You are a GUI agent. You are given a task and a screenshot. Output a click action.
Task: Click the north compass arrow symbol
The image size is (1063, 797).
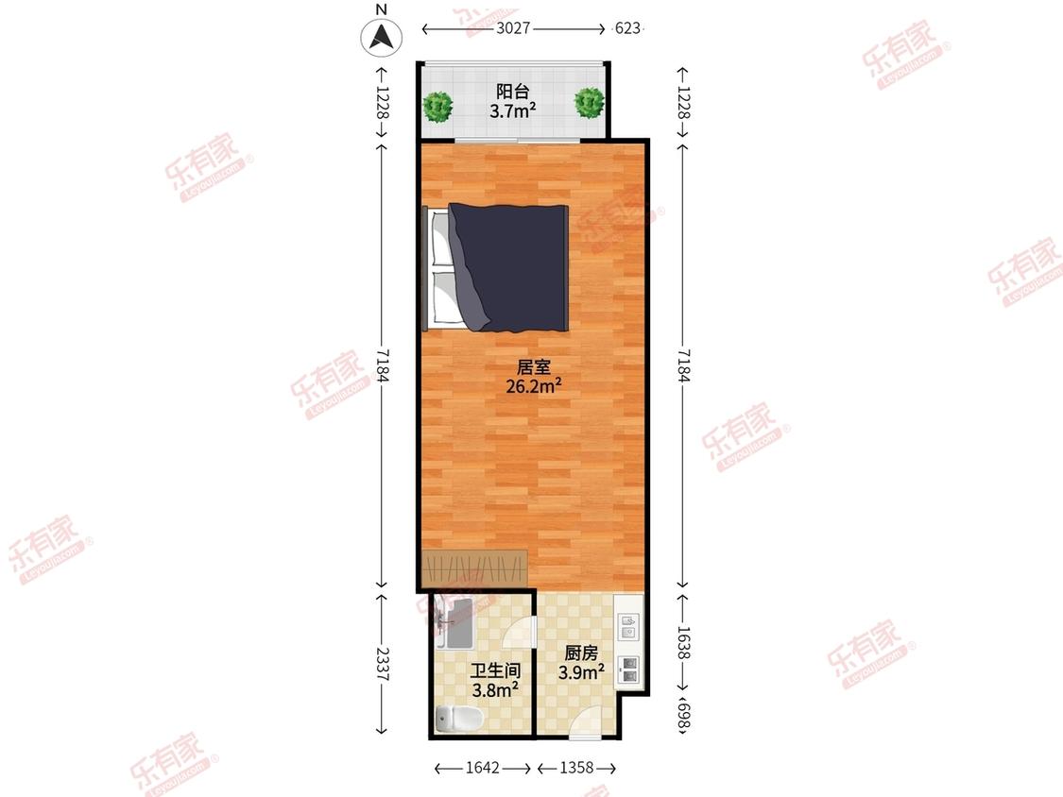[x=381, y=36]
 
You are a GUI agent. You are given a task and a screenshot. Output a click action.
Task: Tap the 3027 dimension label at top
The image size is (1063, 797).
[x=512, y=28]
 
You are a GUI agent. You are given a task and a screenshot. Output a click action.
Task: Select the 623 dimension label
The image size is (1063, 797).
[x=627, y=28]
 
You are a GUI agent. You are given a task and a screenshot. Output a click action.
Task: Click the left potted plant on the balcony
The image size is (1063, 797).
[x=437, y=107]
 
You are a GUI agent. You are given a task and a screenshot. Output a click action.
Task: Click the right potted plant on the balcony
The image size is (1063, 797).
[x=589, y=102]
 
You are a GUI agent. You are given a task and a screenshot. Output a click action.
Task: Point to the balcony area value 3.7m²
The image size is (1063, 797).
[x=513, y=110]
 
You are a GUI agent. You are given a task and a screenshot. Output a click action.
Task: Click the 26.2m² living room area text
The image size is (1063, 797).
[x=534, y=386]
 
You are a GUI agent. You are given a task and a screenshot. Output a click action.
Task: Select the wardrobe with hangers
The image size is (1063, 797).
[x=474, y=569]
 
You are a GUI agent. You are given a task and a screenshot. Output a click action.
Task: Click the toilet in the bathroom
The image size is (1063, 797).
[x=458, y=718]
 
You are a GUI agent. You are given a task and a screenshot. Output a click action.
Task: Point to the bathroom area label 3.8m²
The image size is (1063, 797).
[x=495, y=690]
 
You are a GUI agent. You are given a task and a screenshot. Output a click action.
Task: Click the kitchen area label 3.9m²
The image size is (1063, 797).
[x=582, y=672]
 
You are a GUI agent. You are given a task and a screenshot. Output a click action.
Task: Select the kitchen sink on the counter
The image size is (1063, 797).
[x=628, y=627]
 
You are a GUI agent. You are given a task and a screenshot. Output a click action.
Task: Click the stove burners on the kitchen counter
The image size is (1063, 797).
[x=629, y=670]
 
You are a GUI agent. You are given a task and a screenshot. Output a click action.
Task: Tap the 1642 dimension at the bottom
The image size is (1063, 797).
[x=483, y=768]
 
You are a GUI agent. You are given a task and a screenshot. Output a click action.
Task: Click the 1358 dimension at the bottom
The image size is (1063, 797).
[x=576, y=768]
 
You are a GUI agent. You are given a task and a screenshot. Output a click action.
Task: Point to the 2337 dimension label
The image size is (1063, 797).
[x=383, y=665]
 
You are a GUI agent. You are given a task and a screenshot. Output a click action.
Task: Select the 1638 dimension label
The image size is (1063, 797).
[x=683, y=642]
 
